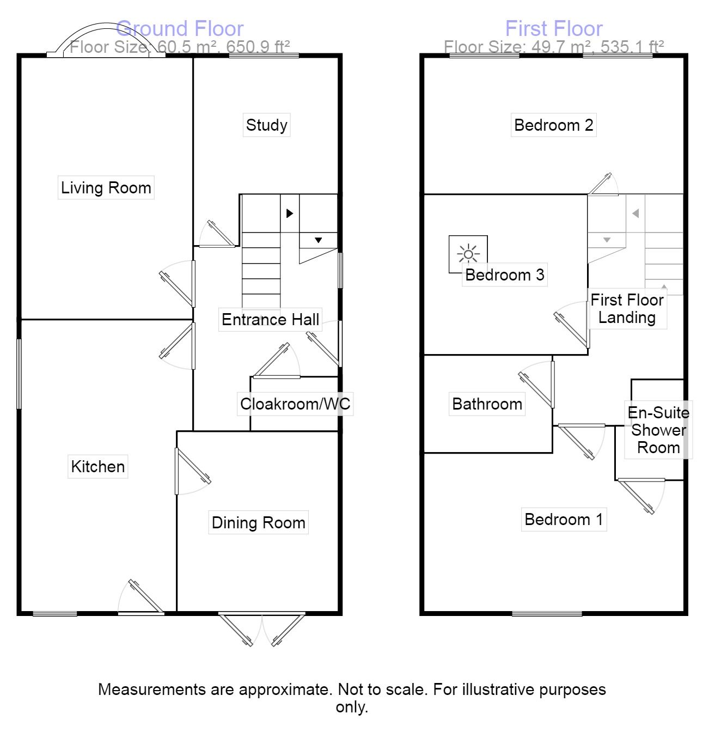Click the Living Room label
[106, 188]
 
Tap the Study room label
[266, 125]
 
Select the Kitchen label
[98, 467]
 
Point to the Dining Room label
[258, 523]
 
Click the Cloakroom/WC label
[295, 404]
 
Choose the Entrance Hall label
[270, 320]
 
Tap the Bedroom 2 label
[553, 125]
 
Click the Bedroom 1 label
[564, 520]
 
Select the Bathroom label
[487, 404]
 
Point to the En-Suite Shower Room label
[658, 430]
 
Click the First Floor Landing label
[627, 309]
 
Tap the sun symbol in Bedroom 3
[468, 254]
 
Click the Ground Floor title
[180, 28]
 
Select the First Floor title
[554, 28]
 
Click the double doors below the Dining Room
[262, 630]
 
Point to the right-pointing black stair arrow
[290, 213]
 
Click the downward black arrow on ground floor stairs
[318, 240]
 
